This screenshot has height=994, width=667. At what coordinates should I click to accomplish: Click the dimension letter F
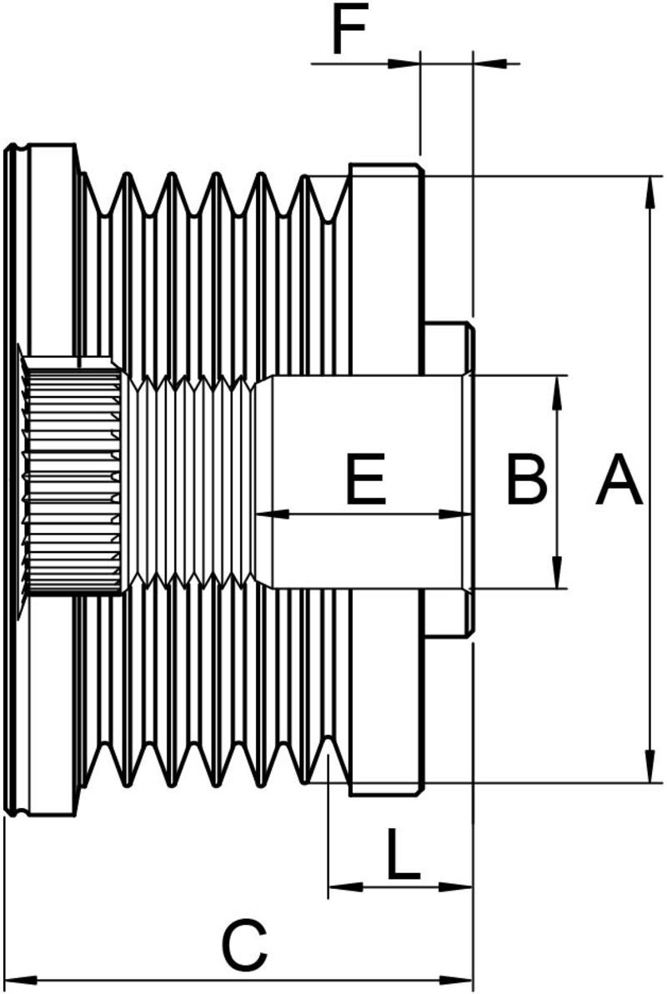coord(349,31)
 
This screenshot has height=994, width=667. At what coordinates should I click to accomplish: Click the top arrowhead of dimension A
coord(649,192)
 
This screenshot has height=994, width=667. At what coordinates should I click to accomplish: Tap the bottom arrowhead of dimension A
coord(649,766)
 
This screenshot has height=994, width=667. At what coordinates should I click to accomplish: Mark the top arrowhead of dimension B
coord(557,392)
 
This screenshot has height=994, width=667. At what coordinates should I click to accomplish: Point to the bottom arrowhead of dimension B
coord(557,572)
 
